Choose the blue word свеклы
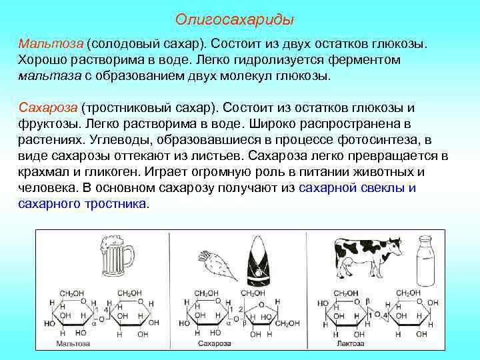(x=385, y=187)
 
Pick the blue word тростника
(x=113, y=203)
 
